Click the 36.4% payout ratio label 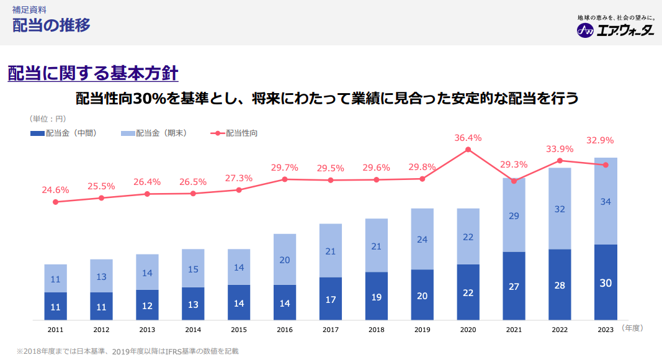[x=468, y=138]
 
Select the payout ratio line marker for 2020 [x=468, y=150]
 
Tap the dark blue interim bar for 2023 [x=606, y=282]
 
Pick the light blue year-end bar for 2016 [x=285, y=259]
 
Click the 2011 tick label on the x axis [x=55, y=330]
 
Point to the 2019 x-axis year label [x=422, y=330]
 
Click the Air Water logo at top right [x=615, y=30]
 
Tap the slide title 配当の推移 [x=51, y=25]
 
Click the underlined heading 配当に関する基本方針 [x=93, y=73]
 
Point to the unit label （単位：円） [x=47, y=118]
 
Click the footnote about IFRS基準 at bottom [x=127, y=351]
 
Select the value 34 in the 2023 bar [x=606, y=201]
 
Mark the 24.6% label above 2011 [x=55, y=190]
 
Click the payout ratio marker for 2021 [x=514, y=181]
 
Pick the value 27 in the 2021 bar [x=514, y=287]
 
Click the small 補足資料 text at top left [x=29, y=10]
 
